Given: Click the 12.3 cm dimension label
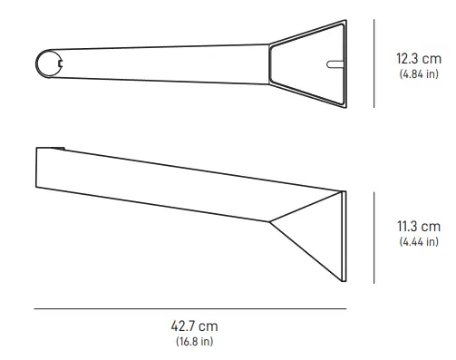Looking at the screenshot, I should click(x=418, y=59).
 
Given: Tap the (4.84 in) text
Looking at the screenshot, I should click(x=418, y=74).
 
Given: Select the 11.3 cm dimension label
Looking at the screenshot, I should click(x=418, y=226).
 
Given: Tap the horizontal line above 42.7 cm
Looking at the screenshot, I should click(x=190, y=309).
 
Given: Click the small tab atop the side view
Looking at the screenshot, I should click(x=60, y=147).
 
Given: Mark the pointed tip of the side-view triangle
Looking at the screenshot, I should click(x=270, y=220).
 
